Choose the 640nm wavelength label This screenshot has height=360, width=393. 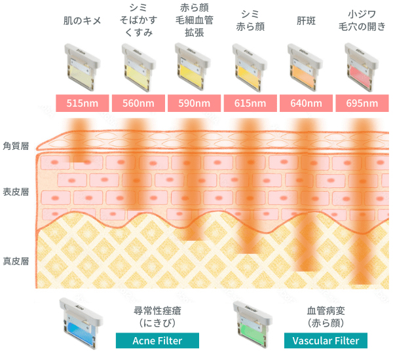[305, 103]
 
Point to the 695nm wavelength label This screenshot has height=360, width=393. [362, 103]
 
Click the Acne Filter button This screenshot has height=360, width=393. [157, 340]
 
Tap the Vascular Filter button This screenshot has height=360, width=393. [326, 340]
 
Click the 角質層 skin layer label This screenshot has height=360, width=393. [16, 145]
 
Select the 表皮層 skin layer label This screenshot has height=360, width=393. [16, 192]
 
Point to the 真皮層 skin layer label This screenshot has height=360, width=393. [16, 261]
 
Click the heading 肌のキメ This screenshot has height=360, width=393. [82, 21]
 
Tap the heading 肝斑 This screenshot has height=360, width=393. [305, 21]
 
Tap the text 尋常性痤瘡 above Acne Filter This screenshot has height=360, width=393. [157, 311]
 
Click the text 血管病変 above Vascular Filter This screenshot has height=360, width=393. [326, 311]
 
